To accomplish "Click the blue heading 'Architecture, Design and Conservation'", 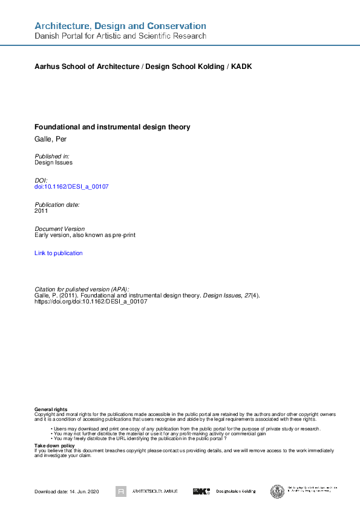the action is tap(120, 26).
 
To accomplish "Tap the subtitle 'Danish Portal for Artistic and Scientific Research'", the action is tap(120, 36).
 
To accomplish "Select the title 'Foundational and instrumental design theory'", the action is tap(113, 127).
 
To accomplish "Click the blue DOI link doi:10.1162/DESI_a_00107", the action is tap(71, 187).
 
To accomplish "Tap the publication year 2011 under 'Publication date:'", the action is tap(41, 211).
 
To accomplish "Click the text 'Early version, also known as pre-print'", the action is tap(85, 235).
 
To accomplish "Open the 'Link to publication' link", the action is tap(59, 253).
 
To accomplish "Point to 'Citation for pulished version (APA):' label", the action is tap(82, 290).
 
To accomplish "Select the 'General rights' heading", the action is tap(51, 410).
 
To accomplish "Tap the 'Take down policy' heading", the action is tap(54, 446).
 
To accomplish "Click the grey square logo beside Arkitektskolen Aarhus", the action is tap(121, 491).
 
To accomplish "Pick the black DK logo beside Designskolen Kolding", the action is tap(201, 491).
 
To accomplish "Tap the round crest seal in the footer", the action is tap(278, 491).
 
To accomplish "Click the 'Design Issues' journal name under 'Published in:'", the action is tap(54, 163).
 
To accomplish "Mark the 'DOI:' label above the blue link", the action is tap(41, 181).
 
